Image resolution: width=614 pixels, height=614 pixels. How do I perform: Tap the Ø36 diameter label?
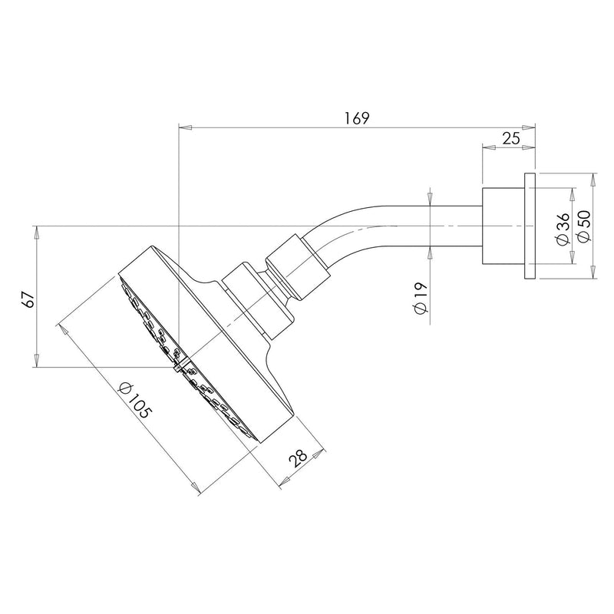pyautogui.click(x=563, y=228)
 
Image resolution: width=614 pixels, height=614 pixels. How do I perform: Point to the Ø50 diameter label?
pyautogui.click(x=583, y=228)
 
